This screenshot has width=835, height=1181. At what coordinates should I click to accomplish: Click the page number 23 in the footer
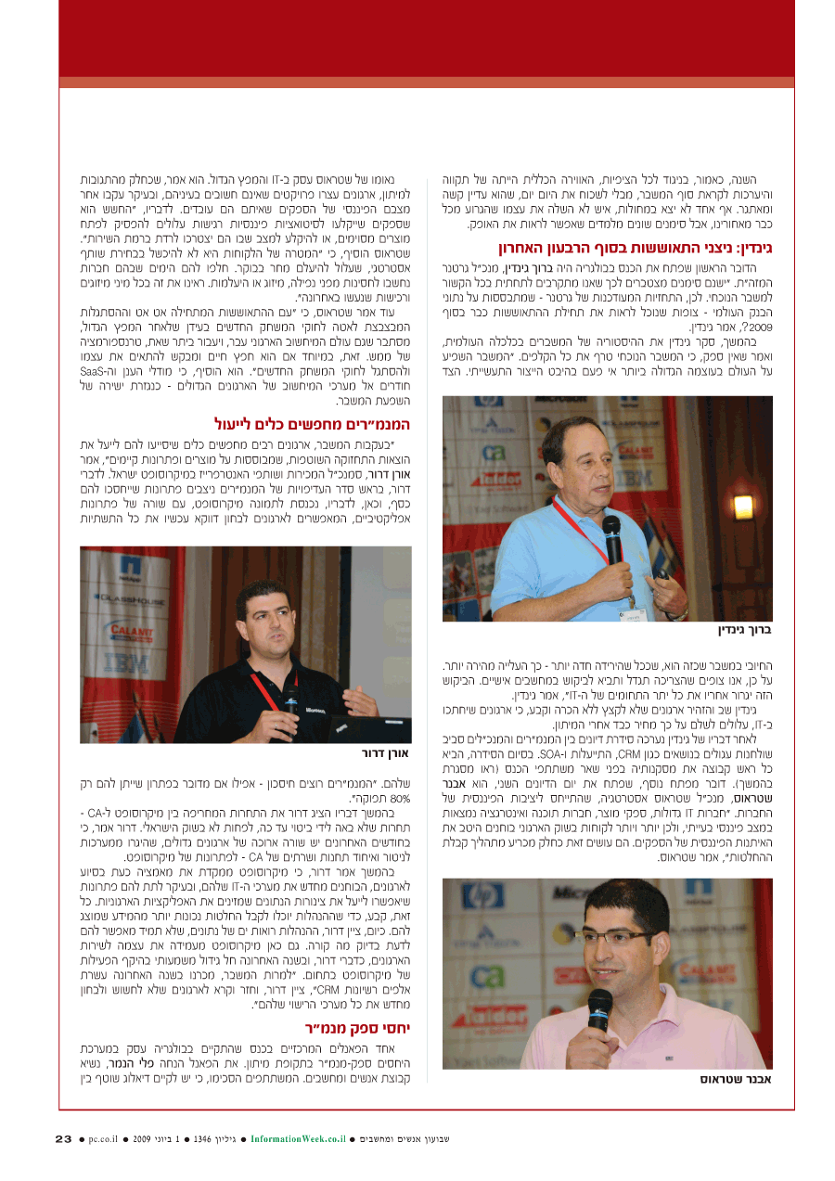(x=63, y=1138)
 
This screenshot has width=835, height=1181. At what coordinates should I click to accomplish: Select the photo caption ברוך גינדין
(x=745, y=630)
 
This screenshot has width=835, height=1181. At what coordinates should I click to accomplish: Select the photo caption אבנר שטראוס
(x=737, y=1079)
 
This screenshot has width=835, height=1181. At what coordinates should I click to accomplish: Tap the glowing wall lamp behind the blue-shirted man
(x=742, y=507)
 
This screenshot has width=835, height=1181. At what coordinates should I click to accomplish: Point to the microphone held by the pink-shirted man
(x=598, y=1011)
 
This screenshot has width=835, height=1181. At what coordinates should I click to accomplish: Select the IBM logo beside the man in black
(x=126, y=662)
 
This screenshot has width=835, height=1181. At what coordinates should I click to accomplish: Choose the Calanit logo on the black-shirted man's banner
(x=126, y=628)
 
